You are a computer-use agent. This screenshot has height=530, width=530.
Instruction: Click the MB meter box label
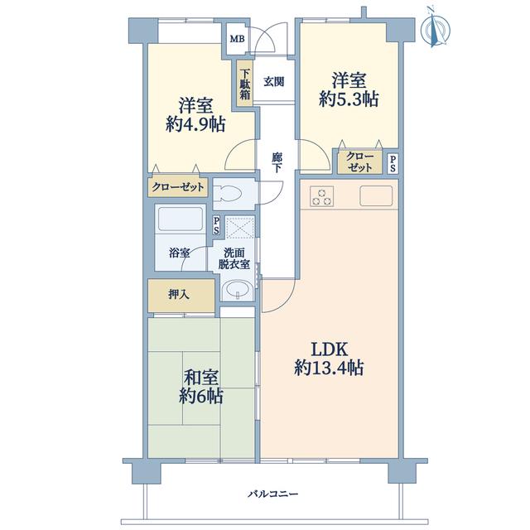(x=237, y=39)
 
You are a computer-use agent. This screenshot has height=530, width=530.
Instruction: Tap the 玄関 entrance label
(x=273, y=82)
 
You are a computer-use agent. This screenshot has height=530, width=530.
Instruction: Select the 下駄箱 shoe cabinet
(x=245, y=84)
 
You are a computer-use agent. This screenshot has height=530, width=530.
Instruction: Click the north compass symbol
(x=436, y=28)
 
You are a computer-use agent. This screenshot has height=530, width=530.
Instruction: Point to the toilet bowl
(x=228, y=194)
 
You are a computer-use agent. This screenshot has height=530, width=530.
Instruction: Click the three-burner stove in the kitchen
(x=322, y=196)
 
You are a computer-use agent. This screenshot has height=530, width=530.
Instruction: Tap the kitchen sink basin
(x=376, y=195)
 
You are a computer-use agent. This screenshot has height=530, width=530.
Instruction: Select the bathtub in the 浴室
(x=180, y=219)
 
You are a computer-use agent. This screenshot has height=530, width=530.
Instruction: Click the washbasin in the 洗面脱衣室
(x=238, y=290)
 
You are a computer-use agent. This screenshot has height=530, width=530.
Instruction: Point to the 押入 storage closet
(x=181, y=296)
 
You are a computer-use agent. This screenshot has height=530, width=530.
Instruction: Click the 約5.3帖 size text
(x=349, y=99)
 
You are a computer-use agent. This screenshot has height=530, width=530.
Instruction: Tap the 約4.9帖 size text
(x=195, y=124)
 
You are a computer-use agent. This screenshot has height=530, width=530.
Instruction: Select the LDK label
(x=329, y=349)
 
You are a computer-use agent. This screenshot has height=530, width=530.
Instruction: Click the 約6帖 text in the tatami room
(x=200, y=396)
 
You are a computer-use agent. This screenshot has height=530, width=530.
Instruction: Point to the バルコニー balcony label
(x=273, y=494)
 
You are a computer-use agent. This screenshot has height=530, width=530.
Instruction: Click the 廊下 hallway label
(x=277, y=163)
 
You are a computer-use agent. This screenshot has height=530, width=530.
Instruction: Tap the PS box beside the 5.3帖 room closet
(x=393, y=163)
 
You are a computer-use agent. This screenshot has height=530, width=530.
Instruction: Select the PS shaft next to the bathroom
(x=216, y=225)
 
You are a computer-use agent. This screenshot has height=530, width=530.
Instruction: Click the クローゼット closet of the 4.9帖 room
(x=178, y=187)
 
